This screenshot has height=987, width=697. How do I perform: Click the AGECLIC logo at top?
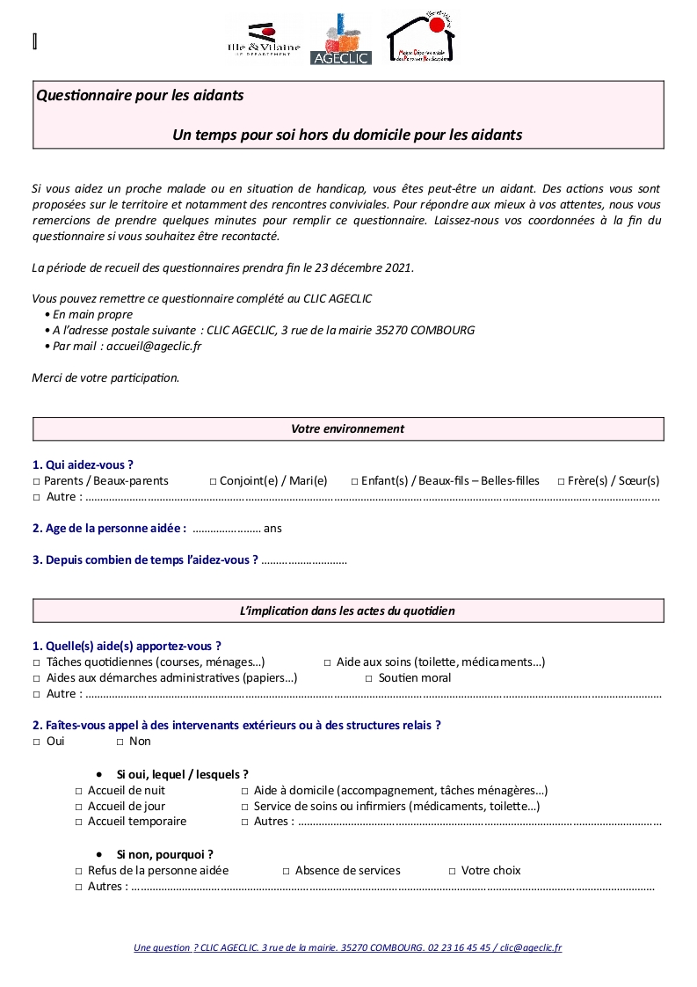pyautogui.click(x=341, y=40)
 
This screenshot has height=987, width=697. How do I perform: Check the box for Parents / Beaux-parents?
pyautogui.click(x=37, y=481)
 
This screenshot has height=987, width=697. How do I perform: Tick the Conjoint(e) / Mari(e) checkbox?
pyautogui.click(x=213, y=481)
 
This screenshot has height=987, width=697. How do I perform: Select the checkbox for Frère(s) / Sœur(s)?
pyautogui.click(x=561, y=481)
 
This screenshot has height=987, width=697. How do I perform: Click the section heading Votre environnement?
pyautogui.click(x=347, y=429)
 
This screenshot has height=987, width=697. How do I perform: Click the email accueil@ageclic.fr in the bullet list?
pyautogui.click(x=152, y=346)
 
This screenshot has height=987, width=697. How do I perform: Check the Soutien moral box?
pyautogui.click(x=369, y=678)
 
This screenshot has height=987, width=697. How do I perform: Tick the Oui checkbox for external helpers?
pyautogui.click(x=37, y=742)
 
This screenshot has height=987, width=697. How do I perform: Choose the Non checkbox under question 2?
pyautogui.click(x=120, y=742)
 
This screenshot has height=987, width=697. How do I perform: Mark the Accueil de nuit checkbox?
pyautogui.click(x=78, y=791)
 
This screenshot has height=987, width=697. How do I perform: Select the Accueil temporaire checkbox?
pyautogui.click(x=78, y=822)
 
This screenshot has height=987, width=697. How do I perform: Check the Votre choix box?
pyautogui.click(x=452, y=871)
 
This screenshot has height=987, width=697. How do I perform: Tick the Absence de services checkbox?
pyautogui.click(x=286, y=871)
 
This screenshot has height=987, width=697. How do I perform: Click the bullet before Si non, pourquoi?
pyautogui.click(x=98, y=854)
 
